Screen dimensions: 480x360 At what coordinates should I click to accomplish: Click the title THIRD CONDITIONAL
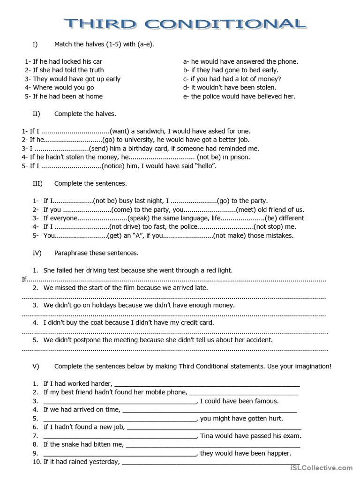click(x=185, y=23)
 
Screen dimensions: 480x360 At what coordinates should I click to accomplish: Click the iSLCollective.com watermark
click(x=321, y=467)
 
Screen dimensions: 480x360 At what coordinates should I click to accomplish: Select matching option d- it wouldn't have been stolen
click(x=230, y=87)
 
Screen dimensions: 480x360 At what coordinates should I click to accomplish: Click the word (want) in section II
click(x=120, y=131)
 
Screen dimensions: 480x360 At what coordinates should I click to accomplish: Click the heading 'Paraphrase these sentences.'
click(x=96, y=253)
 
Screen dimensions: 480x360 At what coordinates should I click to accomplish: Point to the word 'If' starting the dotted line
click(x=25, y=279)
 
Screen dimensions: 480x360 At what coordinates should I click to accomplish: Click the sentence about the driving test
click(x=138, y=270)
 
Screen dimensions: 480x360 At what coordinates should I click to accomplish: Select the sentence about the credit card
click(x=128, y=322)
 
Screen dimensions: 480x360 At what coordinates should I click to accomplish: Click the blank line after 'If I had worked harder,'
click(x=206, y=384)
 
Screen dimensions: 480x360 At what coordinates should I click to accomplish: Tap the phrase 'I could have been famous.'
click(x=239, y=401)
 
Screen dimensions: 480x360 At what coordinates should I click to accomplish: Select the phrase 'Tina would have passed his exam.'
click(x=250, y=435)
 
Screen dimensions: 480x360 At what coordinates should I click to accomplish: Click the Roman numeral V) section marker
click(x=36, y=366)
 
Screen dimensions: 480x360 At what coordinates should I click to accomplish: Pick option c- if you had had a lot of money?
click(x=232, y=79)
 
